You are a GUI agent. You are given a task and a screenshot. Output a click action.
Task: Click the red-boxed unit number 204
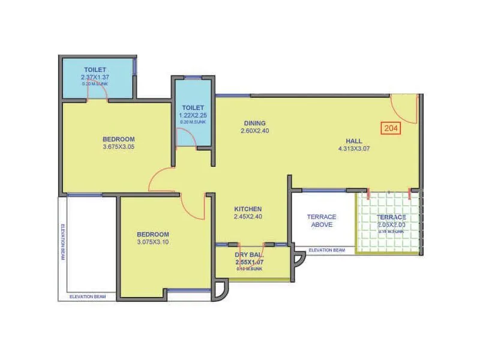391,127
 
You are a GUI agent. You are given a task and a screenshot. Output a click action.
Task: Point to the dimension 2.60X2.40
254,130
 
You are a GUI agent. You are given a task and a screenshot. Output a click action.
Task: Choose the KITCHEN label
247,209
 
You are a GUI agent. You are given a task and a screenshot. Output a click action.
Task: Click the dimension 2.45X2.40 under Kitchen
247,217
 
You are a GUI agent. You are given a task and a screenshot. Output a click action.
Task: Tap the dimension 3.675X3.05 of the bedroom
118,146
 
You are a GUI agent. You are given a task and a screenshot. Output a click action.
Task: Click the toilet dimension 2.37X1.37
95,78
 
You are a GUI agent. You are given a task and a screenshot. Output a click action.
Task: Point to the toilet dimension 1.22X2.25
193,115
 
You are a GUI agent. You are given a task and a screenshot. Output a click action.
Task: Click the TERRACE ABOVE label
322,220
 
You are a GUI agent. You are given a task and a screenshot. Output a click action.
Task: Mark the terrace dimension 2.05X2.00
391,225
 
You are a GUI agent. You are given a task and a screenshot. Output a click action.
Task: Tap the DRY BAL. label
248,254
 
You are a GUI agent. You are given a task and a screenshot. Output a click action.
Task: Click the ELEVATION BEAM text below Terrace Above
326,250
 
